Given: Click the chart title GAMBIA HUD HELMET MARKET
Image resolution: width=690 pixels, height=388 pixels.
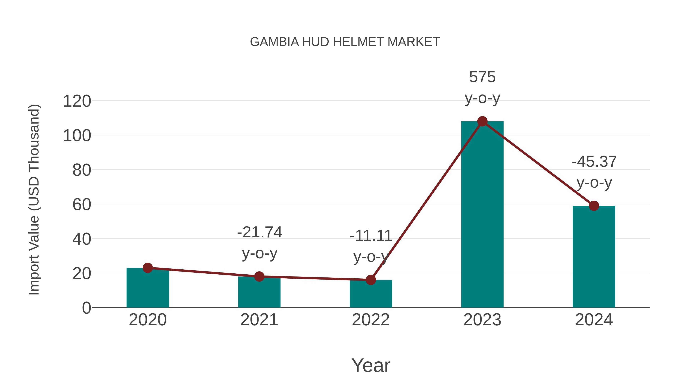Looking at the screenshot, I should (345, 42).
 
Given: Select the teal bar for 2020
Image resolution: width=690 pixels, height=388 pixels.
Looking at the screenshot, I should (148, 289).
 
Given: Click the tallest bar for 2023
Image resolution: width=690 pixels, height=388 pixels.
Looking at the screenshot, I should (482, 214).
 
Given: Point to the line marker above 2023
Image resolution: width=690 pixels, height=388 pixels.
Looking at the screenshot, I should (482, 121).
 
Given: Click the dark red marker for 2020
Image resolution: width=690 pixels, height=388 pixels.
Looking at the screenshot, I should (148, 268).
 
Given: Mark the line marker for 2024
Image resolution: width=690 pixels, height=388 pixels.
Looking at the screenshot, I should (594, 206).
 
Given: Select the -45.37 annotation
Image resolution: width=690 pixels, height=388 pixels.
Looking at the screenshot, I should (594, 162).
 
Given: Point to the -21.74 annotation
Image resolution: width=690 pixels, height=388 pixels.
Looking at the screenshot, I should (259, 232).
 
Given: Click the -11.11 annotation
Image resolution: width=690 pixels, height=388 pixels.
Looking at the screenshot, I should (371, 236).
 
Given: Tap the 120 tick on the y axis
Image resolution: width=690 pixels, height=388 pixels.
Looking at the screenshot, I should (77, 102).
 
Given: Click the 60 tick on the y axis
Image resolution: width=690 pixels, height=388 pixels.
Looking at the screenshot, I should (81, 205).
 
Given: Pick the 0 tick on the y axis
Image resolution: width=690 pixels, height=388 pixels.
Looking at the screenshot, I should (86, 308).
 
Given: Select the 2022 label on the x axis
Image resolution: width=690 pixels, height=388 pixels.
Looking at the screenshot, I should (371, 320).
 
